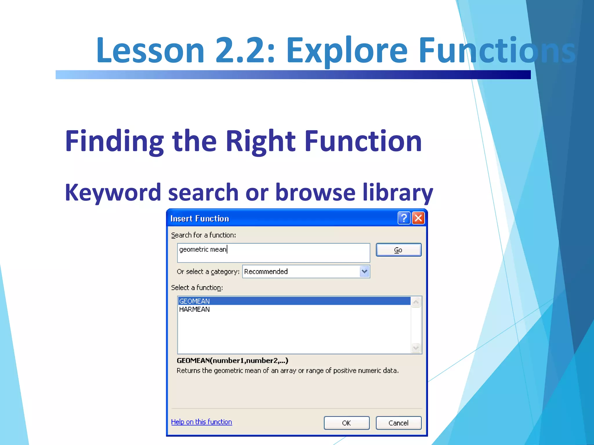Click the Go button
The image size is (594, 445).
pos(399,250)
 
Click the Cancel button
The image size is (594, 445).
pos(399,423)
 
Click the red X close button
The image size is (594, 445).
pos(418,218)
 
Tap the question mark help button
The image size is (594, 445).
pos(404,218)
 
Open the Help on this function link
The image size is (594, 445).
pos(201,422)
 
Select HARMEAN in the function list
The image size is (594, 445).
pos(194,309)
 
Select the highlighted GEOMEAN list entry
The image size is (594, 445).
pos(194,301)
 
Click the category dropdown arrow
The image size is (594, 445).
pos(364,271)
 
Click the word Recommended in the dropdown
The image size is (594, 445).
pos(266,271)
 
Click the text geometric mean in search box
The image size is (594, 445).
pos(202,249)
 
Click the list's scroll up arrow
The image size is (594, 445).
pos(416,302)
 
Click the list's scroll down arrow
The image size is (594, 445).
pos(416,348)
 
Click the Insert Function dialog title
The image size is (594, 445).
pos(200,218)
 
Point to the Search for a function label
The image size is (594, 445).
pos(203,235)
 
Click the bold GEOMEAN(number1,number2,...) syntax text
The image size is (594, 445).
pos(232,360)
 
